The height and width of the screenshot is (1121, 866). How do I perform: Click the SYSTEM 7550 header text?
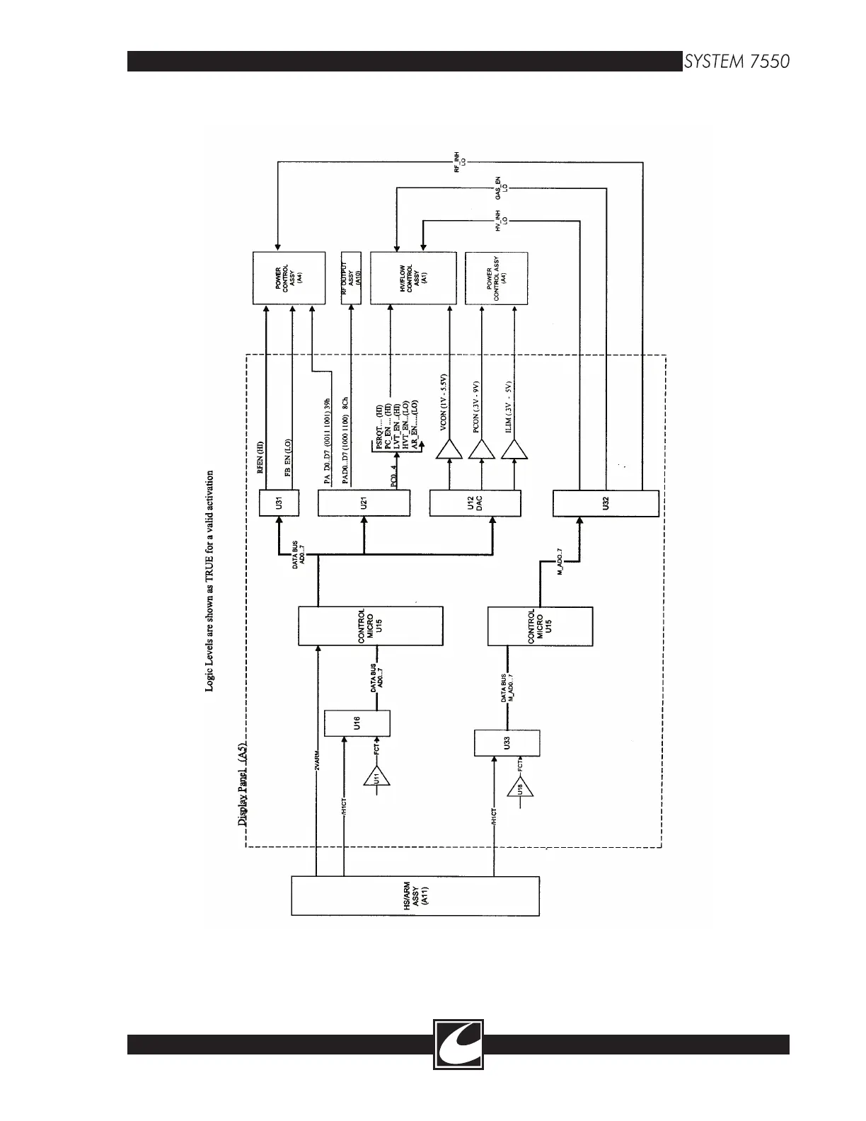click(736, 62)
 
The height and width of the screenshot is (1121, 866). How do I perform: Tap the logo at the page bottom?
click(458, 1043)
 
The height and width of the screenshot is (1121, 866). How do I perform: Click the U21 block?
click(364, 503)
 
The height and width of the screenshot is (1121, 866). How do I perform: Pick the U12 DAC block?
click(475, 503)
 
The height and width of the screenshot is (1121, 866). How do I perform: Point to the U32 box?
click(605, 503)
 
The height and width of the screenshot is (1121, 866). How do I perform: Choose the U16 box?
click(357, 723)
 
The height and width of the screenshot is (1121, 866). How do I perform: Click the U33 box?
click(507, 743)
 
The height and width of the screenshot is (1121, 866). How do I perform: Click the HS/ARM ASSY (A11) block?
click(415, 896)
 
